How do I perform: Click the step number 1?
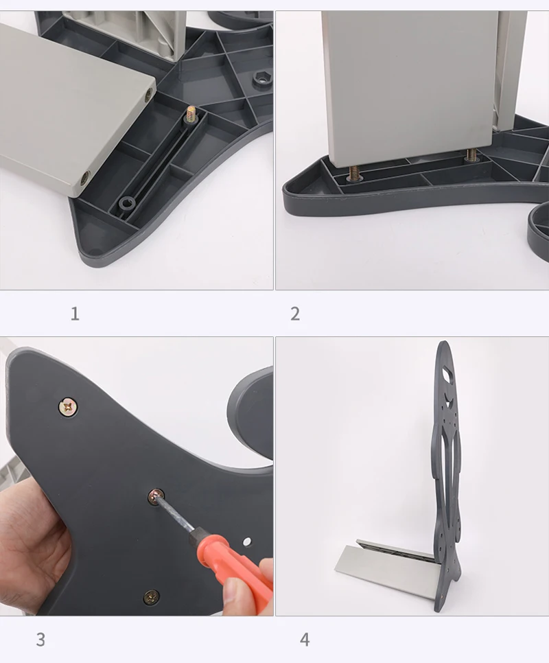75,314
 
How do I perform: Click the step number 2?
295,314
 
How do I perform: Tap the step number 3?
40,640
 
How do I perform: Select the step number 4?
305,640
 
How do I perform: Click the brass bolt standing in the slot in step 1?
191,114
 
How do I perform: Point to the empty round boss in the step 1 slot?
126,203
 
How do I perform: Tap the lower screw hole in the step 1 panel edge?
85,178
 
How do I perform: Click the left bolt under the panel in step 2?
353,172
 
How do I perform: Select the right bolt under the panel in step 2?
471,155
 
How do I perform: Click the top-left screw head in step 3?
68,408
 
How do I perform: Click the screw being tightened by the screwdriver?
156,496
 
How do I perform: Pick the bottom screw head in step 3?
151,596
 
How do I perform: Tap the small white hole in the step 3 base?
247,542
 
